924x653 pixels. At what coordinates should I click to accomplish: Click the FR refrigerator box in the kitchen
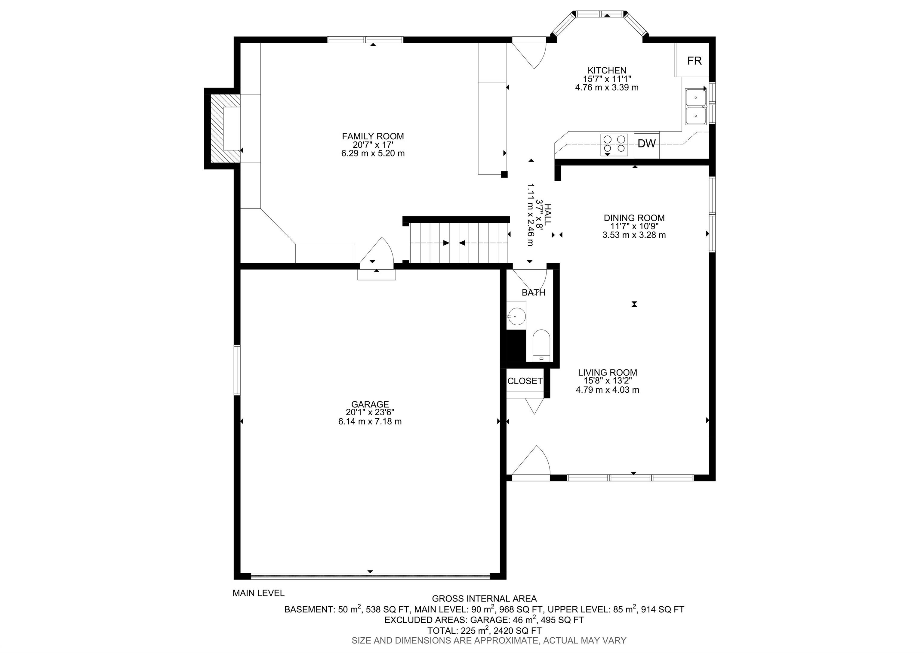(x=694, y=60)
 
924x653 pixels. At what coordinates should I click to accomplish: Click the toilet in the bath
(x=541, y=345)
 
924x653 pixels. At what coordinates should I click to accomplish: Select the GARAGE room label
(x=370, y=404)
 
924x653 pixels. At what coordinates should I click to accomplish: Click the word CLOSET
(x=525, y=381)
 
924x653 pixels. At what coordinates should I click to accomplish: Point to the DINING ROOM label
(x=634, y=218)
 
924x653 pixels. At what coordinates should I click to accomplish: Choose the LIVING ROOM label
(x=607, y=373)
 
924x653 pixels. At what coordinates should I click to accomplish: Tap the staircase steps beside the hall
(x=459, y=243)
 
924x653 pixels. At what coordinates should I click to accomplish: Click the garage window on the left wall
(x=237, y=370)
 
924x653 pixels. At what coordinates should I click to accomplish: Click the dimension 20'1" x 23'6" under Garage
(x=370, y=412)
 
